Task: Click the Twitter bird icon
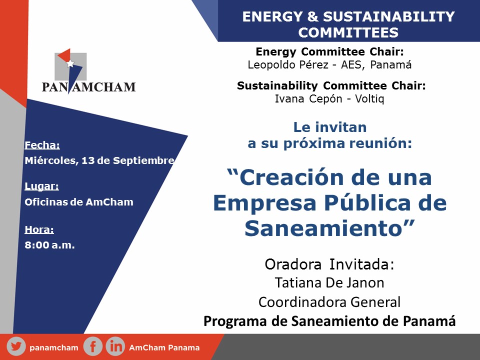(x=16, y=346)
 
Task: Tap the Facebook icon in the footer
(x=93, y=346)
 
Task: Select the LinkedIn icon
(x=115, y=346)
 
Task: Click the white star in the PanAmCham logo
(x=70, y=63)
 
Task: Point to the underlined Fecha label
(x=42, y=145)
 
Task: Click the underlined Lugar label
(x=41, y=186)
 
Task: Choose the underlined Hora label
(x=39, y=229)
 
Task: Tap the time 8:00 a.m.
(x=49, y=245)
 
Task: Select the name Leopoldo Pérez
(x=288, y=65)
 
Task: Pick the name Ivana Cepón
(x=308, y=99)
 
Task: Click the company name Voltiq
(x=369, y=99)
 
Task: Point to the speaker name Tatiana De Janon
(x=329, y=283)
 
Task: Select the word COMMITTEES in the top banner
(x=348, y=32)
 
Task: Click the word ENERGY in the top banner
(x=272, y=16)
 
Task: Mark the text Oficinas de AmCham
(x=79, y=202)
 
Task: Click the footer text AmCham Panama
(x=164, y=348)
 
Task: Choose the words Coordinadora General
(x=329, y=302)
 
